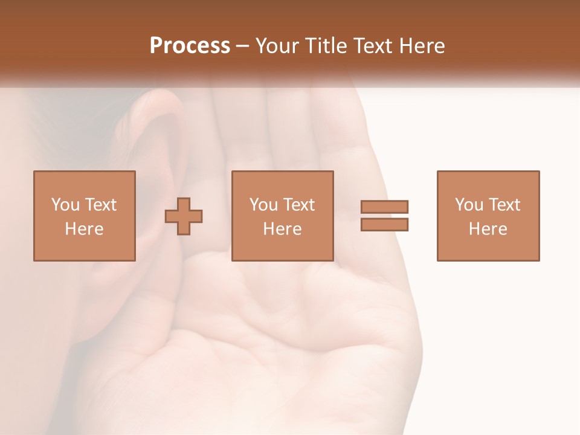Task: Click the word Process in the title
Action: click(190, 46)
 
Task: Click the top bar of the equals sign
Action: click(384, 207)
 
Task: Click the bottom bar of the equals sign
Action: click(384, 225)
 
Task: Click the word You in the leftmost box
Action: click(65, 205)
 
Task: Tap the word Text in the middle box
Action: click(298, 205)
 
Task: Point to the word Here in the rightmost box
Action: click(488, 229)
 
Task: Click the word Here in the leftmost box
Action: click(84, 229)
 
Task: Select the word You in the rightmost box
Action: click(469, 205)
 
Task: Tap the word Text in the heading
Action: click(370, 46)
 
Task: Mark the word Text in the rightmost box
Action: click(504, 205)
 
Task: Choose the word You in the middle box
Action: click(263, 205)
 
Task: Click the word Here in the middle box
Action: click(282, 229)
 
